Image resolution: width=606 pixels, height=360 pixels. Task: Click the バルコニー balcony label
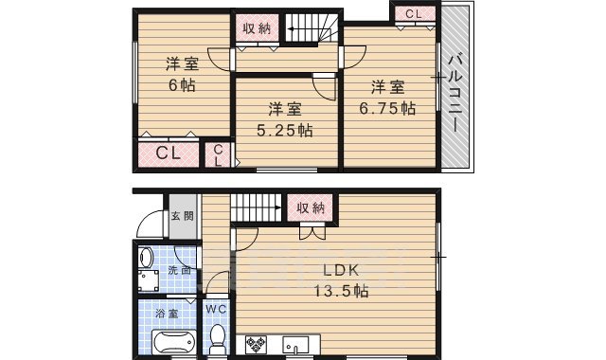(x=455, y=91)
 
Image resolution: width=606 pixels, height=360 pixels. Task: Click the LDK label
(x=340, y=269)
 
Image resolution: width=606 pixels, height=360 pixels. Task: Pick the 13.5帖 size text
(x=341, y=291)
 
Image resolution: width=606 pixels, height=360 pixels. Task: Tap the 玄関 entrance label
(x=182, y=217)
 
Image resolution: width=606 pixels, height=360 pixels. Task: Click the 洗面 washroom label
(x=178, y=270)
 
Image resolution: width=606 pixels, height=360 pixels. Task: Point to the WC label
(x=215, y=309)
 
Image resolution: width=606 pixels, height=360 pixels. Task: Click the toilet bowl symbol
(x=216, y=335)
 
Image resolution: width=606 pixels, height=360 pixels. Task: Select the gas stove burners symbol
(x=257, y=343)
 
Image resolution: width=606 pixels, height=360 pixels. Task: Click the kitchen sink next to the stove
(x=294, y=343)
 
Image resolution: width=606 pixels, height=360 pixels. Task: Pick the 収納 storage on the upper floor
(x=257, y=28)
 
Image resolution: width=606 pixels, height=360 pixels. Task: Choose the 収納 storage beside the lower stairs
(x=310, y=207)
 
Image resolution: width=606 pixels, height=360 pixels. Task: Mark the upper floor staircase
(x=312, y=28)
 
